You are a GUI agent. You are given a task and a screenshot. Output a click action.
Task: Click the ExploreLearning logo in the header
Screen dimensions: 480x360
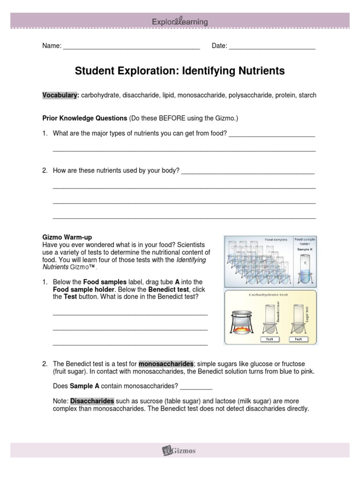click(180, 22)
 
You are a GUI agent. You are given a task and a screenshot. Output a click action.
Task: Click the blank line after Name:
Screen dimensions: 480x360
click(131, 46)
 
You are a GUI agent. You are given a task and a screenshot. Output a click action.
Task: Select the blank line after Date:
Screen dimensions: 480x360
click(272, 46)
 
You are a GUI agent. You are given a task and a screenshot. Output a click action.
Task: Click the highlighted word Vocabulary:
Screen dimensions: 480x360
click(60, 95)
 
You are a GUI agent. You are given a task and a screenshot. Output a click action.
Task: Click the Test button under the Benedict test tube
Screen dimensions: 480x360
click(269, 339)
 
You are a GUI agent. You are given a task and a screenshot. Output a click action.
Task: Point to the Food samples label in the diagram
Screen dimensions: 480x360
click(276, 240)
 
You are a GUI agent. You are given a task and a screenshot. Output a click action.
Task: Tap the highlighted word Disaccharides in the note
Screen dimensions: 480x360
click(92, 401)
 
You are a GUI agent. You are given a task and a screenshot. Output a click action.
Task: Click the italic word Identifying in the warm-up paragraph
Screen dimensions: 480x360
click(191, 260)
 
